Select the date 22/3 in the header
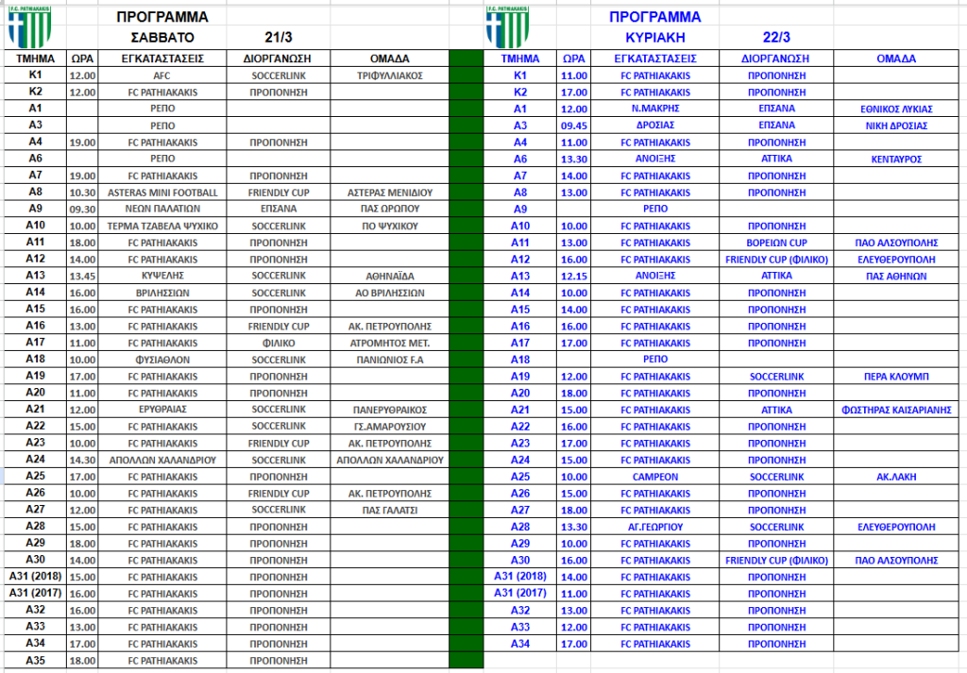click(x=776, y=38)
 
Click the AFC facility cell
click(x=161, y=75)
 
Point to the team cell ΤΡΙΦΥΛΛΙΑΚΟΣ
click(x=390, y=75)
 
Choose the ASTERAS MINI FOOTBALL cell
click(x=161, y=192)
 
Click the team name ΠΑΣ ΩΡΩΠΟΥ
click(x=390, y=209)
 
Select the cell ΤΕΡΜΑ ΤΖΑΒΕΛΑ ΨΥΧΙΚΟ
click(x=161, y=226)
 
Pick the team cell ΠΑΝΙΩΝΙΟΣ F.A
click(x=390, y=360)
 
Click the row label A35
click(x=35, y=661)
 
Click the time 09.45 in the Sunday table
click(x=573, y=126)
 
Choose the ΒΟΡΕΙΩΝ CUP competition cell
click(x=776, y=243)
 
